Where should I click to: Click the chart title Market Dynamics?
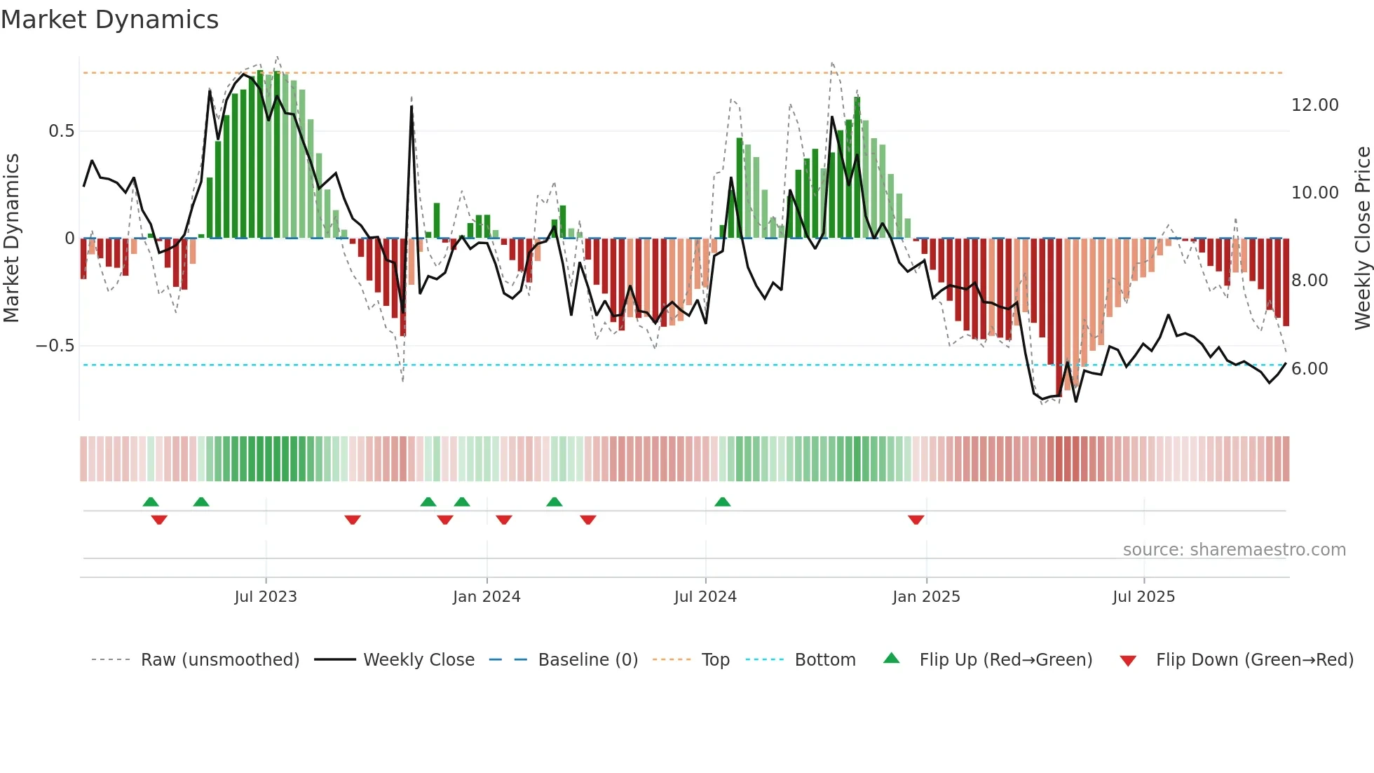click(110, 20)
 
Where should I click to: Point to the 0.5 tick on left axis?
click(61, 131)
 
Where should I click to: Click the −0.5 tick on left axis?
click(55, 346)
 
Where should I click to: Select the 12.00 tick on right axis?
click(1314, 105)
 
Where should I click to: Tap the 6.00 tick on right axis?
click(1310, 369)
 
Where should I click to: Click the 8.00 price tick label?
click(1310, 281)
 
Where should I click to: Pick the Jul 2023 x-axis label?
click(266, 597)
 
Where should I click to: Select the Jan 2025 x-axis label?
click(926, 597)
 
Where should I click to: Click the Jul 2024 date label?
click(705, 597)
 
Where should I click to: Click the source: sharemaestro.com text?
click(1234, 550)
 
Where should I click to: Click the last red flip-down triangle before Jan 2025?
click(916, 520)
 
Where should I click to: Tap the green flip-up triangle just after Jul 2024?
click(723, 502)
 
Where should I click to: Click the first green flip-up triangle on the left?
click(151, 502)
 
